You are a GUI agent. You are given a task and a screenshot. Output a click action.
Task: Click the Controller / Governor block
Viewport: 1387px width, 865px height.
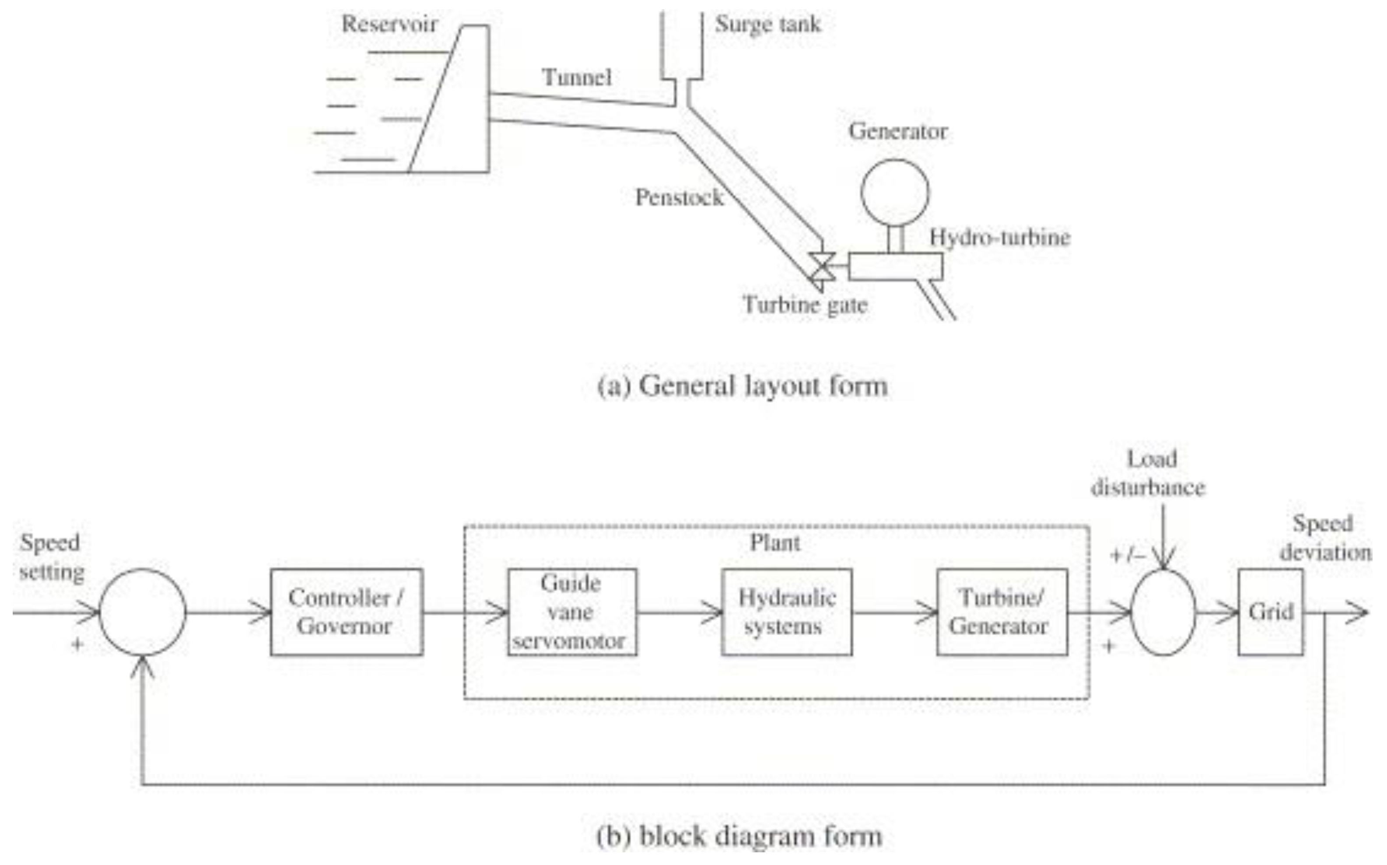click(346, 612)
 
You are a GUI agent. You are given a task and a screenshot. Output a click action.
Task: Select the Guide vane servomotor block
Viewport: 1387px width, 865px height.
click(572, 612)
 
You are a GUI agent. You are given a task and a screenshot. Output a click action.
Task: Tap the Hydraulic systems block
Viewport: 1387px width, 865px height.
click(786, 612)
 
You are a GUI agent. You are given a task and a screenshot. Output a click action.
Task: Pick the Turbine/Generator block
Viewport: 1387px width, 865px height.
click(1001, 612)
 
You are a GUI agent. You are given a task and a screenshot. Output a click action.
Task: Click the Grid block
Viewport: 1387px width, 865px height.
click(1270, 612)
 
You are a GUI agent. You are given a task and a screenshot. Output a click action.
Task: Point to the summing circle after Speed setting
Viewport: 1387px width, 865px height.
click(142, 612)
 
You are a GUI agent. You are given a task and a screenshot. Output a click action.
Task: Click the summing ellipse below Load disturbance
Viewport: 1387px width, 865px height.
click(1163, 612)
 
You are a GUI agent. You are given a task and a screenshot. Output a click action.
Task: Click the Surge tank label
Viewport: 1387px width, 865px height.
click(767, 24)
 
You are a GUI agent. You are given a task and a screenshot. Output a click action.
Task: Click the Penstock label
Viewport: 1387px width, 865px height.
click(679, 197)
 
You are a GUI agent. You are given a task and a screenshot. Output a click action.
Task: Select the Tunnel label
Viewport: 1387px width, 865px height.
click(577, 77)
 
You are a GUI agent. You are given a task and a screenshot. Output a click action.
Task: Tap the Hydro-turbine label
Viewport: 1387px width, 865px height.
click(999, 237)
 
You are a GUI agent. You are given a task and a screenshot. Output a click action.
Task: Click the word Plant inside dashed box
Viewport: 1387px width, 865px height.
click(775, 542)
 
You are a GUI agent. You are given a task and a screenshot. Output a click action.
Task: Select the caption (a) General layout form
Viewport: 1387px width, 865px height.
click(742, 386)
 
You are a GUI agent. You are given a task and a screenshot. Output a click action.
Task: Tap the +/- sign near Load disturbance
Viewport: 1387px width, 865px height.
click(1127, 555)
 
